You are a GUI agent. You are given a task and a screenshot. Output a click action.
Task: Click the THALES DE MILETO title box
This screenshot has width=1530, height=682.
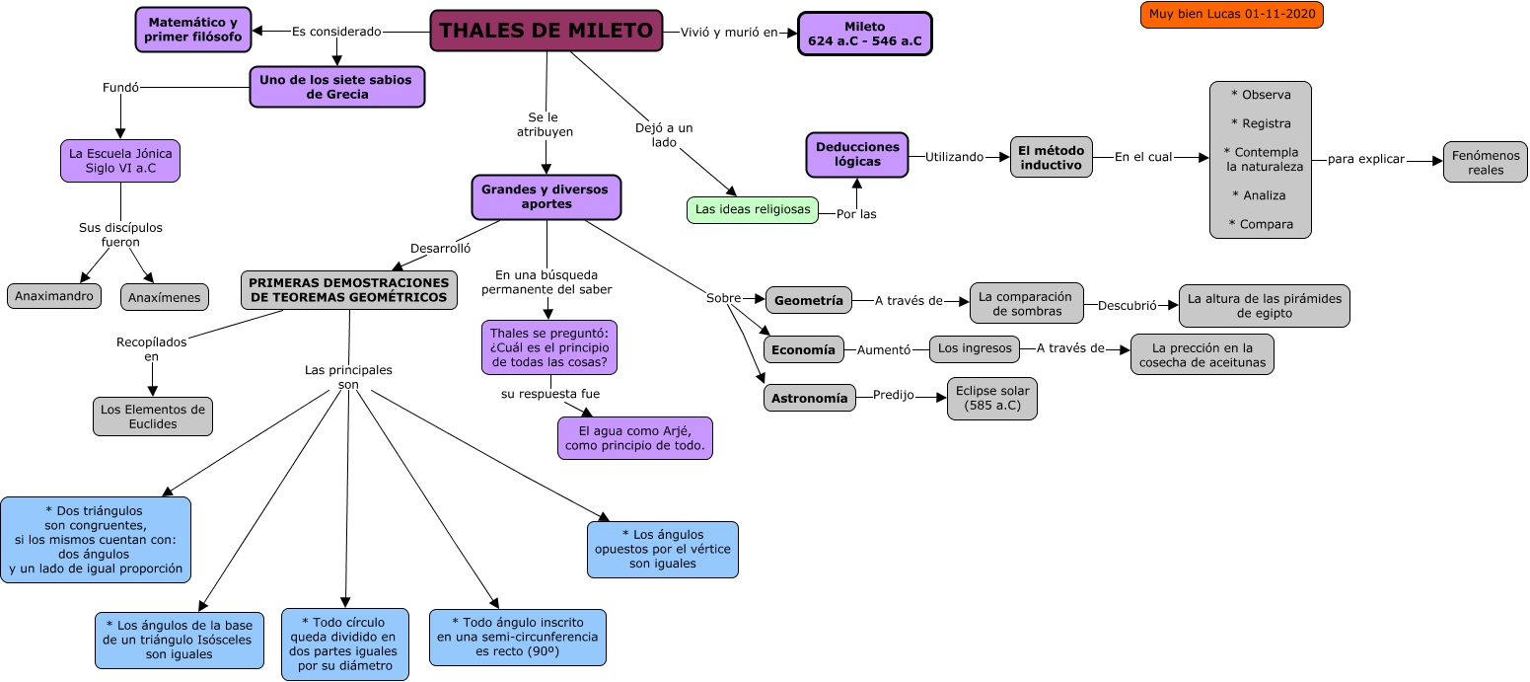click(546, 31)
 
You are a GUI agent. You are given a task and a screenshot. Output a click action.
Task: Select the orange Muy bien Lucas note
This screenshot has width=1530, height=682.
click(1231, 15)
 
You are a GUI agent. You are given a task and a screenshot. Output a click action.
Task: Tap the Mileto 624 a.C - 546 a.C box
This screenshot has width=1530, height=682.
click(864, 34)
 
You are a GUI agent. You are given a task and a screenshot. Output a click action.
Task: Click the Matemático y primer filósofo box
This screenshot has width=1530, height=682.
click(193, 30)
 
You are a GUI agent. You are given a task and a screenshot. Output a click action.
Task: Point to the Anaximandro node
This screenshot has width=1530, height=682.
click(54, 295)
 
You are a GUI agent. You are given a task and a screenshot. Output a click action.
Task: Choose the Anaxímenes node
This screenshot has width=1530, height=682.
click(166, 297)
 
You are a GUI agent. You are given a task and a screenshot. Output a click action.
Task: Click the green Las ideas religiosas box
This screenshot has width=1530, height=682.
click(753, 209)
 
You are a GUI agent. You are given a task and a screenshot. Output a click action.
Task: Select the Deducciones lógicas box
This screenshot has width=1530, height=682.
click(857, 155)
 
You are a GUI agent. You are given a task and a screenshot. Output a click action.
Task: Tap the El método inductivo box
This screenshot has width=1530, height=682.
click(1051, 157)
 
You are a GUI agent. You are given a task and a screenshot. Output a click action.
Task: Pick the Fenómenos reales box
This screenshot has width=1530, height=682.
click(1485, 162)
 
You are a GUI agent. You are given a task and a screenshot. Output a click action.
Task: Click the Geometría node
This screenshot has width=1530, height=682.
click(808, 301)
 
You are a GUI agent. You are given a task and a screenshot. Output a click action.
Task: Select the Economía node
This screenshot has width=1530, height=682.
click(803, 349)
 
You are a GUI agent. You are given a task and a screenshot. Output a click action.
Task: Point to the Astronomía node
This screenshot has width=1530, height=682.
click(809, 398)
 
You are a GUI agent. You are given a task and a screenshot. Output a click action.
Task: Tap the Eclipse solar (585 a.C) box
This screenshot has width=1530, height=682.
click(991, 398)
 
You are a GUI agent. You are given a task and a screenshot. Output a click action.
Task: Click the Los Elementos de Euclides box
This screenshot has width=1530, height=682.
click(153, 416)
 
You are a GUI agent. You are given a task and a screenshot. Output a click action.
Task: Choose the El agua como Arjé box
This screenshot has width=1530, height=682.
click(635, 438)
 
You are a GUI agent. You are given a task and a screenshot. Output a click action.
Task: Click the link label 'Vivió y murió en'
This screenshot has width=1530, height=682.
click(729, 32)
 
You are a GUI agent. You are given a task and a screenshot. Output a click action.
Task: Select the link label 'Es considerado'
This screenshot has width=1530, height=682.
click(336, 32)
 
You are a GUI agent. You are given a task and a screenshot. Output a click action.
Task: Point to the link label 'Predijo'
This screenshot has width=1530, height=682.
click(893, 396)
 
